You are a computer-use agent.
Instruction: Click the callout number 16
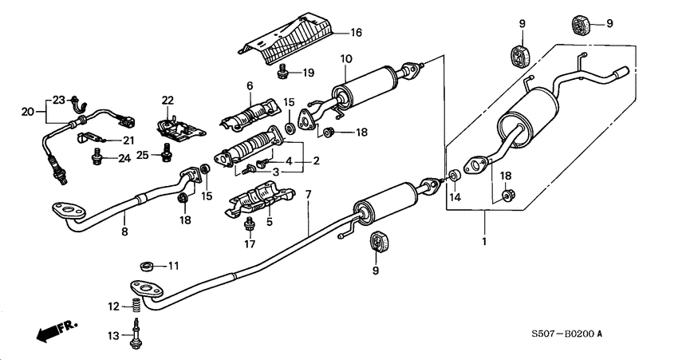[x=356, y=32]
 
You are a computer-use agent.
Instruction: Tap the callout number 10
[x=345, y=59]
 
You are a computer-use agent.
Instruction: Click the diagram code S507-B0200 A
[x=569, y=334]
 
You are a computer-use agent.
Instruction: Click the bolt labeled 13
[x=136, y=333]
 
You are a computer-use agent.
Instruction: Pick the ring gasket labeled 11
[x=146, y=264]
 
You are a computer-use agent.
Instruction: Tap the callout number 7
[x=308, y=195]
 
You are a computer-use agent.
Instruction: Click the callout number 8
[x=124, y=232]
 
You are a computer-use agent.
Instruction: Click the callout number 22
[x=167, y=100]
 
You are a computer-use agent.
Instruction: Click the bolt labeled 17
[x=249, y=223]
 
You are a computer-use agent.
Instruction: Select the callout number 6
[x=249, y=85]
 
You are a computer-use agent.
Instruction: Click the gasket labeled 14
[x=452, y=175]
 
